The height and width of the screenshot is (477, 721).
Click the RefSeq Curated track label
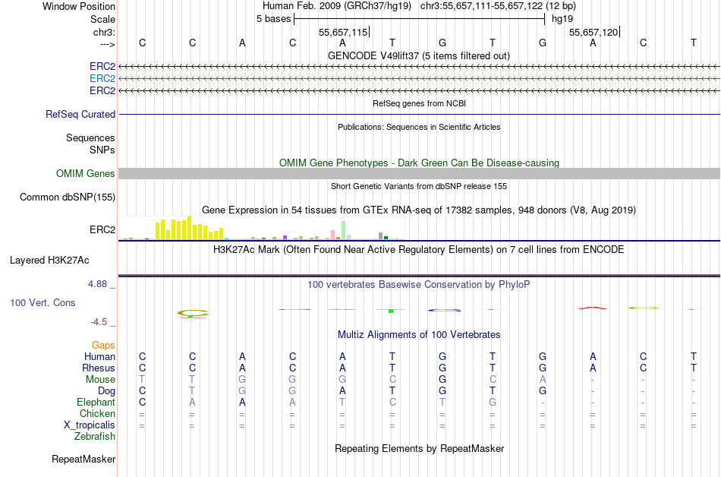point(80,115)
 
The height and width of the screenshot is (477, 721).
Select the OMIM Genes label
point(86,174)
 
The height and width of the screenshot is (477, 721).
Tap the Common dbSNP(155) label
point(67,197)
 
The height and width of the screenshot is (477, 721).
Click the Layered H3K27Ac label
point(49,261)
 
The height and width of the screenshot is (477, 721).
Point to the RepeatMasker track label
point(83,460)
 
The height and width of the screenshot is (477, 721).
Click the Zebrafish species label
point(95,437)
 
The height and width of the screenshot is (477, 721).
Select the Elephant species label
point(96,403)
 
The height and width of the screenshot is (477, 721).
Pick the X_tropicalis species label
point(90,425)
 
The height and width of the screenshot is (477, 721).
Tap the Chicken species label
point(96,414)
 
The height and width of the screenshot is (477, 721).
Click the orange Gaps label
point(103,346)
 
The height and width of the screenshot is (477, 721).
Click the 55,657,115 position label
point(343,33)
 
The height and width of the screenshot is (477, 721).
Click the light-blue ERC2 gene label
point(102,79)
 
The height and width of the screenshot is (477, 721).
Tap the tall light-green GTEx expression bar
point(344,230)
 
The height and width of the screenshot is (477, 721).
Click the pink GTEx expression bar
point(332,234)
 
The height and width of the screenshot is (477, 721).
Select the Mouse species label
point(100,380)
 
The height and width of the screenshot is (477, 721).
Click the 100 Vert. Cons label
point(42,303)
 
